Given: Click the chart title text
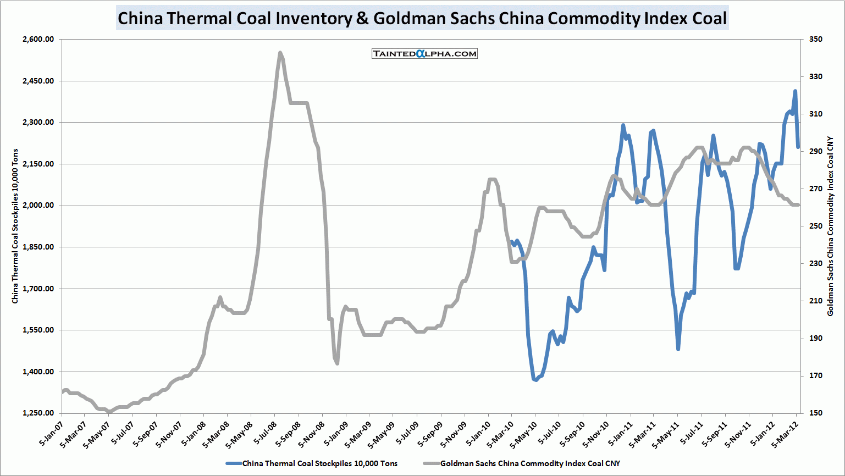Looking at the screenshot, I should [422, 18].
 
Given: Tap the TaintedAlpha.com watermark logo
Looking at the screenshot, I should [424, 53].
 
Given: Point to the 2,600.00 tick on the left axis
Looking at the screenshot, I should [38, 40].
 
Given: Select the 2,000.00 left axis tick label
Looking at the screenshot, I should [38, 206].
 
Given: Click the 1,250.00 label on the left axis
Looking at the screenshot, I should [38, 413].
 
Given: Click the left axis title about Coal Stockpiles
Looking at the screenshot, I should [15, 226].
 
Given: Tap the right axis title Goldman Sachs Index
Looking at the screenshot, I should [830, 226].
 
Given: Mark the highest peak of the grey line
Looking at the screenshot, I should [280, 53].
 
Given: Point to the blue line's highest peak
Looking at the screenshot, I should [795, 91].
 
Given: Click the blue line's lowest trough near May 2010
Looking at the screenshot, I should [535, 379].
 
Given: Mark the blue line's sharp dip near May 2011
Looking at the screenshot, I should [678, 348].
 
